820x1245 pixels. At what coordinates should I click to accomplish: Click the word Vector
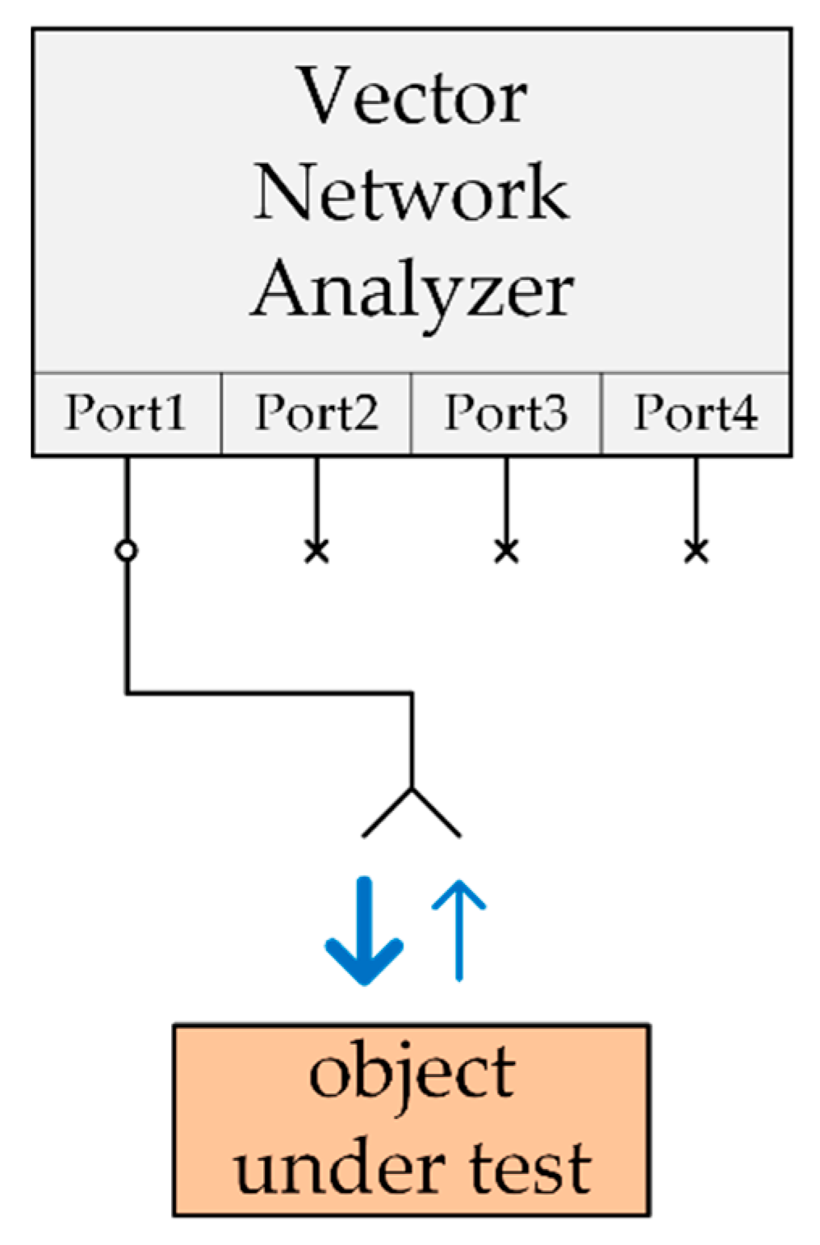(x=412, y=97)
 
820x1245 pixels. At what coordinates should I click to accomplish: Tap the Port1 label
(x=125, y=413)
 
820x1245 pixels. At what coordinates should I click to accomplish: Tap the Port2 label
(x=316, y=413)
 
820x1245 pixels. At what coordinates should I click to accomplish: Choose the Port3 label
(x=506, y=413)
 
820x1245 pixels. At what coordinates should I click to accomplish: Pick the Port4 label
(x=696, y=413)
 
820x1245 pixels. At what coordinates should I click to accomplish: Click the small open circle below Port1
(x=126, y=551)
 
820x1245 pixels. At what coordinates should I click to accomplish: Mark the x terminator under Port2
(x=316, y=552)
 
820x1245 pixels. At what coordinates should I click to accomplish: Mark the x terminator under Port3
(x=506, y=552)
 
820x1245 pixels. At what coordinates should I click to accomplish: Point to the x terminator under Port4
(x=696, y=552)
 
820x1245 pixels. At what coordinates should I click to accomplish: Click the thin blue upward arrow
(x=458, y=928)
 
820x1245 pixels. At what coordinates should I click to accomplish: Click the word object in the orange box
(x=412, y=1073)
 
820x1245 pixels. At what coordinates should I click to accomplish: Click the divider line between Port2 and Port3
(x=411, y=413)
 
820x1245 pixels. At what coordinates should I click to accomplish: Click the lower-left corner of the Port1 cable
(x=127, y=692)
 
